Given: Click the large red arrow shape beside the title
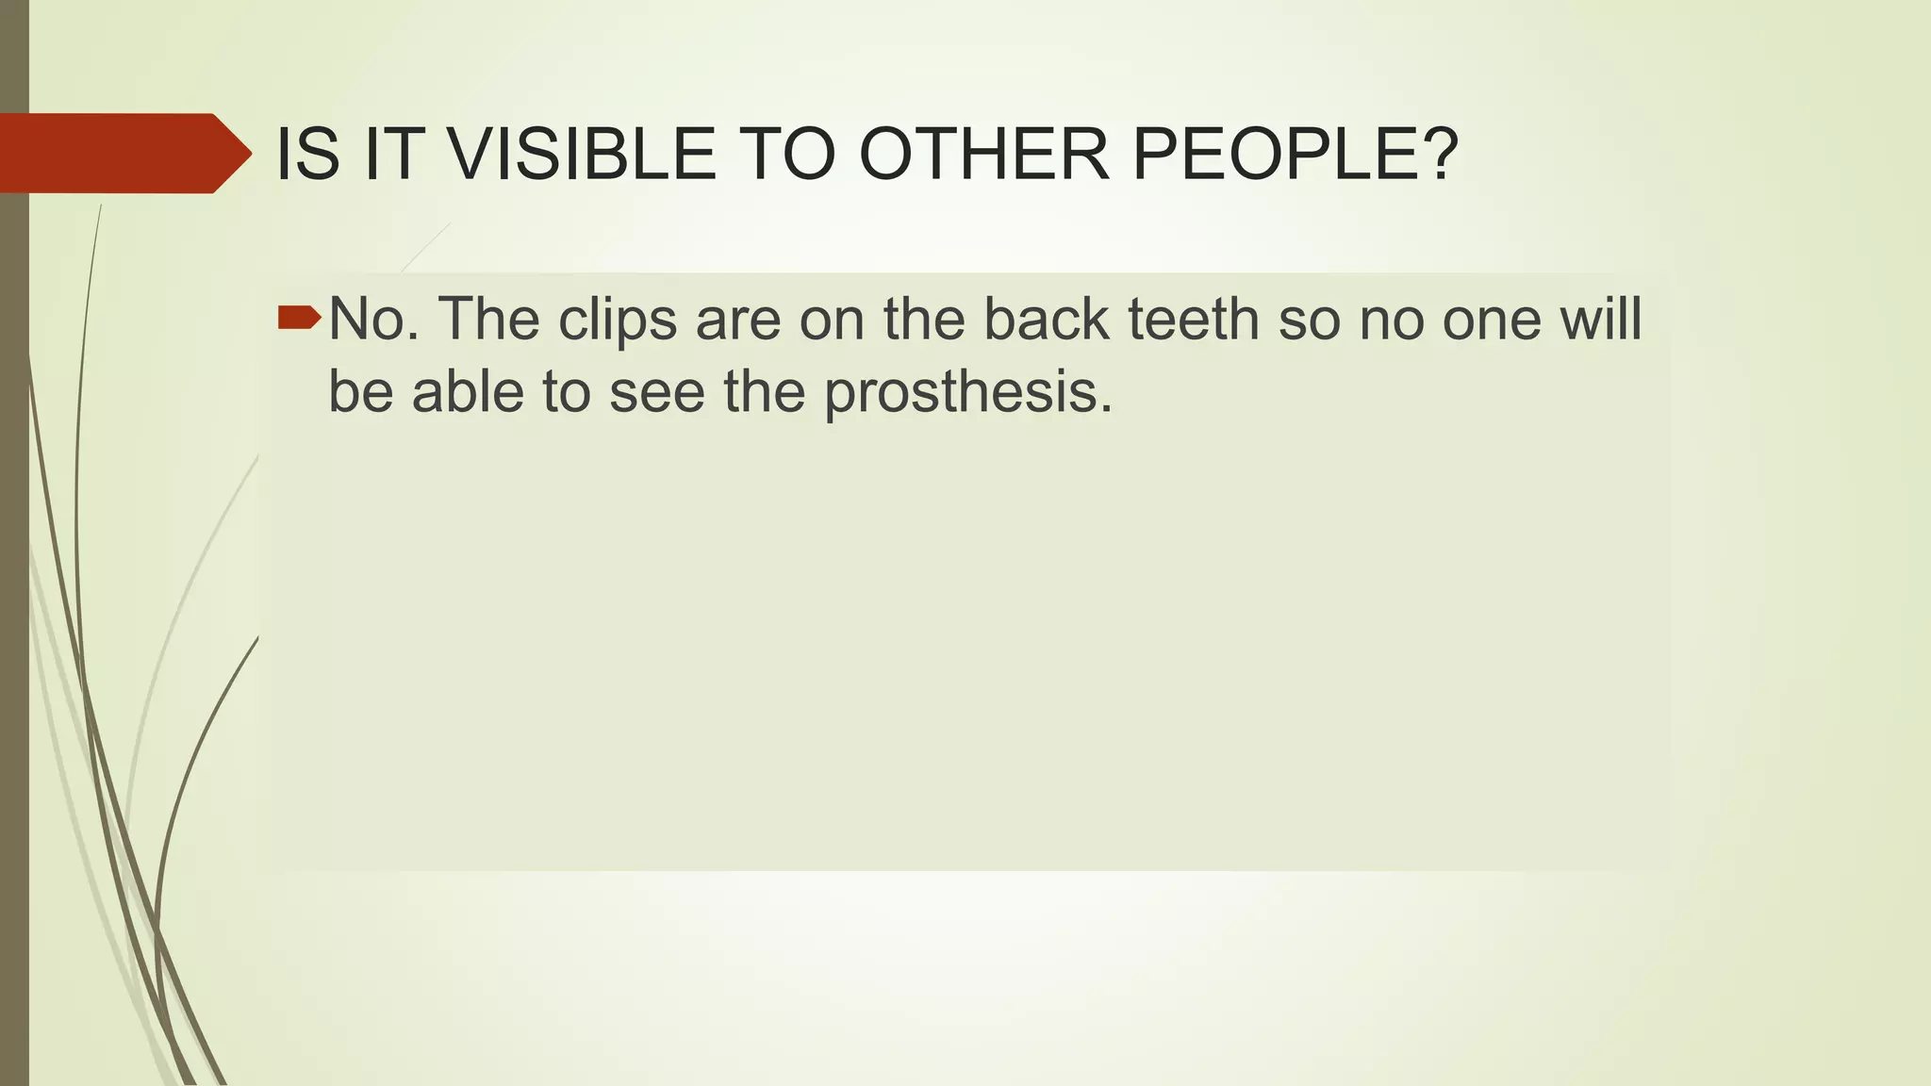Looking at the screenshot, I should point(123,154).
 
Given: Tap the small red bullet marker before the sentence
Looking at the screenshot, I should point(300,319).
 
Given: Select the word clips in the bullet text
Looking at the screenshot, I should point(618,321).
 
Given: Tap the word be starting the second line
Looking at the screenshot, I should point(359,391).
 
